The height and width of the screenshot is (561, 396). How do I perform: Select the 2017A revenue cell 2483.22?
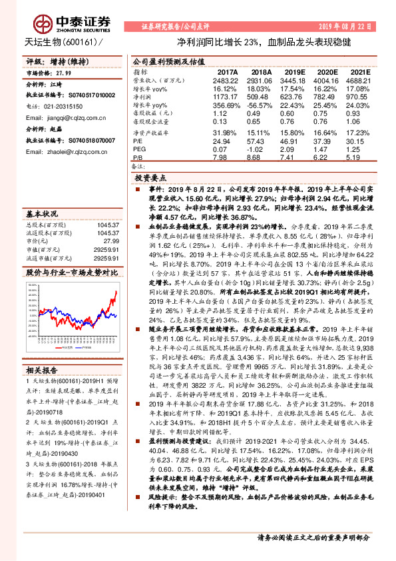pos(226,79)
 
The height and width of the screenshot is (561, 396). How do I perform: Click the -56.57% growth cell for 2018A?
pos(262,105)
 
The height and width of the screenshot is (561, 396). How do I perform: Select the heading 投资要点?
pos(150,179)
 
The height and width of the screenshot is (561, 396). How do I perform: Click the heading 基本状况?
pos(42,215)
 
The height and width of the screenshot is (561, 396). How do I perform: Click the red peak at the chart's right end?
pos(116,291)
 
